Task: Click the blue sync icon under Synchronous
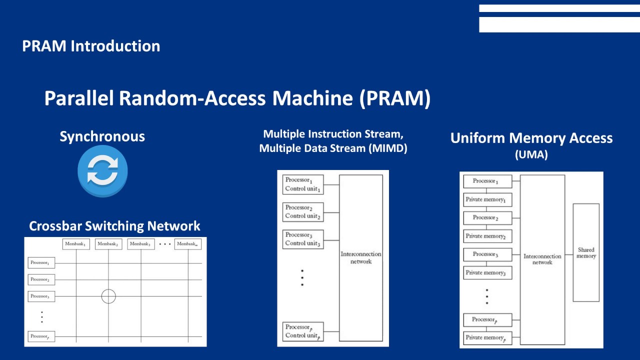[102, 171]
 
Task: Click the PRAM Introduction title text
[91, 46]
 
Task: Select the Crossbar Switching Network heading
[114, 226]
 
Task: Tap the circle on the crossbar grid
[108, 296]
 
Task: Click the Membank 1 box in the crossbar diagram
[76, 244]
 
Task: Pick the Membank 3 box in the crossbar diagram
[140, 244]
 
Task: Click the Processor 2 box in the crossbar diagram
[41, 280]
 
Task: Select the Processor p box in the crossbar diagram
[41, 336]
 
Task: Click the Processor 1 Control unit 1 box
[303, 184]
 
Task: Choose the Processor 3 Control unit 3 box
[303, 239]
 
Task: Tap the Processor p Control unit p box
[303, 331]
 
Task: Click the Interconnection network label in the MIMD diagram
[360, 257]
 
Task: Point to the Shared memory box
[585, 252]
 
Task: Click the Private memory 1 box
[487, 199]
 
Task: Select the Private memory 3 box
[487, 272]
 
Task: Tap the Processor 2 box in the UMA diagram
[487, 217]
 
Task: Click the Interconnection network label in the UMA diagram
[542, 259]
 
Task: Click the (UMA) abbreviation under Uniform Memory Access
[531, 155]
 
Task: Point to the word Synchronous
[102, 136]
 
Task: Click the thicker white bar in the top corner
[559, 24]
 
